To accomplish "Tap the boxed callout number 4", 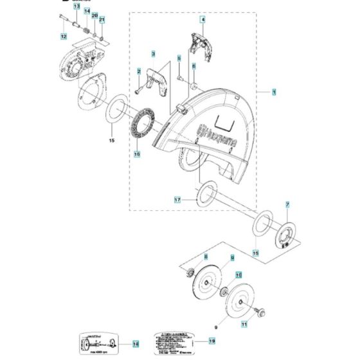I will pyautogui.click(x=202, y=21).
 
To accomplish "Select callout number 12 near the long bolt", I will pyautogui.click(x=64, y=37).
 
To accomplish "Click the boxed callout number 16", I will pyautogui.click(x=136, y=154).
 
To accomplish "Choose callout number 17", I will pyautogui.click(x=178, y=201).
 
